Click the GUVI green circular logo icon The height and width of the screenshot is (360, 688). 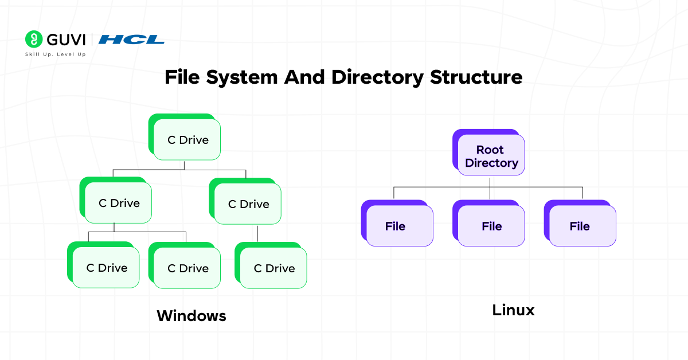click(x=34, y=39)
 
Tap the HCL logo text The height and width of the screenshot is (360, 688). click(x=131, y=40)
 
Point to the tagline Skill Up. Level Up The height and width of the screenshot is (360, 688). click(x=55, y=54)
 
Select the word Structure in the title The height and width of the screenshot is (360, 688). click(x=476, y=77)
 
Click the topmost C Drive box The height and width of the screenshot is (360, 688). click(x=187, y=140)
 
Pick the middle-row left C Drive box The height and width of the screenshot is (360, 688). click(x=119, y=203)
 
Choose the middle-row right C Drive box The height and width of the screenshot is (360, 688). click(x=248, y=204)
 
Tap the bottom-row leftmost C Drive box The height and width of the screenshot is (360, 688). click(x=107, y=268)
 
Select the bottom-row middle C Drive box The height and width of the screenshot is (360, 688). click(x=187, y=268)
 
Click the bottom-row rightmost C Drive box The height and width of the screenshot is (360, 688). click(x=274, y=268)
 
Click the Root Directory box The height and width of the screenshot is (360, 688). click(x=491, y=156)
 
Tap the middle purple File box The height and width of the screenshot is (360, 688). click(x=491, y=226)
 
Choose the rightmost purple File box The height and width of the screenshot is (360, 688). click(x=580, y=226)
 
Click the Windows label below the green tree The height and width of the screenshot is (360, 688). click(x=191, y=315)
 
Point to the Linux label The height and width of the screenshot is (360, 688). click(x=513, y=310)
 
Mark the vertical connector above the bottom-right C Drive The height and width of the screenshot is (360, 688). click(x=257, y=234)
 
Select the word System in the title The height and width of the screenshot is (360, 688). click(x=243, y=77)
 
